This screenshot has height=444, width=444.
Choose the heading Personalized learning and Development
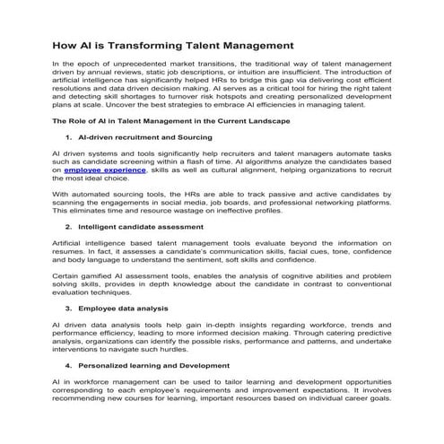point(155,366)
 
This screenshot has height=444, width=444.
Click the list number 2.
point(69,228)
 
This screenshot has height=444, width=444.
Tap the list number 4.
point(69,366)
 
